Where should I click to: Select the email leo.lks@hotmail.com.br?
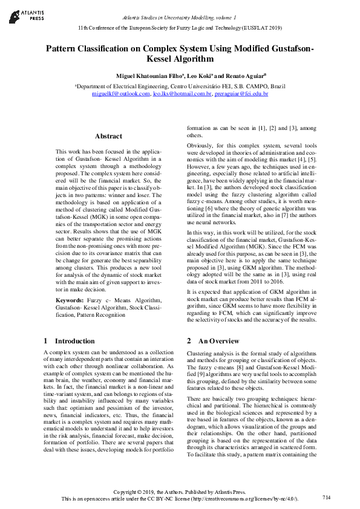(x=182, y=94)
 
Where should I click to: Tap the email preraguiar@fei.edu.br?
(x=241, y=94)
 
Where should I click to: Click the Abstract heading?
(x=108, y=136)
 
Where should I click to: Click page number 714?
(x=327, y=497)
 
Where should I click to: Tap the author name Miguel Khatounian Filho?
(x=148, y=76)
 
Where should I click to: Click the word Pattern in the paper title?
(x=64, y=48)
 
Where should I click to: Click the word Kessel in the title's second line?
(x=160, y=59)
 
